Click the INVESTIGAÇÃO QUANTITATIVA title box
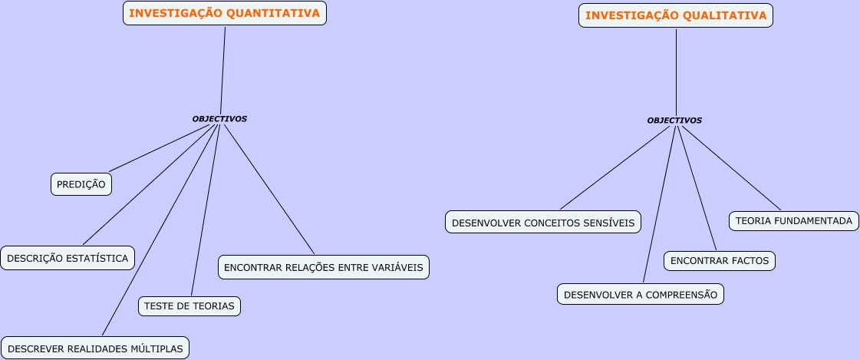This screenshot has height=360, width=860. (x=225, y=13)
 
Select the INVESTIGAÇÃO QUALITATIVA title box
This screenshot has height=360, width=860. (x=676, y=15)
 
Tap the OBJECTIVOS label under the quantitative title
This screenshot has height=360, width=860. (x=219, y=119)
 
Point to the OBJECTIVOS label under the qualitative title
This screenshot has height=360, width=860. (x=674, y=121)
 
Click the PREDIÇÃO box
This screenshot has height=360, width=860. (x=81, y=184)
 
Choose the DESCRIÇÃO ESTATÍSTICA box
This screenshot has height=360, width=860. (x=68, y=258)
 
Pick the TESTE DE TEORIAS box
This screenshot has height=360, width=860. (x=189, y=306)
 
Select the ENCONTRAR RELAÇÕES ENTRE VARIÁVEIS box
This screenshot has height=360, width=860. (x=323, y=267)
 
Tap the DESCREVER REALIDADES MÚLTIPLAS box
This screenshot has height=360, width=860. (x=95, y=348)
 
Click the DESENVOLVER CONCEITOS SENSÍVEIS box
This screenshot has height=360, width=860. (x=543, y=223)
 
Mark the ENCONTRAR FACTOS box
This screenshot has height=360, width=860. (x=720, y=261)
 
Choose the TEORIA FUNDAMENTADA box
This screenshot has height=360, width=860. (x=793, y=221)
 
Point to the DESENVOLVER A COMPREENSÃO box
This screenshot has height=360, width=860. (x=641, y=294)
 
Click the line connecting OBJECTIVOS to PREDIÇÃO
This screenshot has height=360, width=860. (x=161, y=148)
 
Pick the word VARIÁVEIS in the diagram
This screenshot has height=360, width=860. (x=398, y=267)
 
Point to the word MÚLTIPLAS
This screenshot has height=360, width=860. (x=157, y=348)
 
